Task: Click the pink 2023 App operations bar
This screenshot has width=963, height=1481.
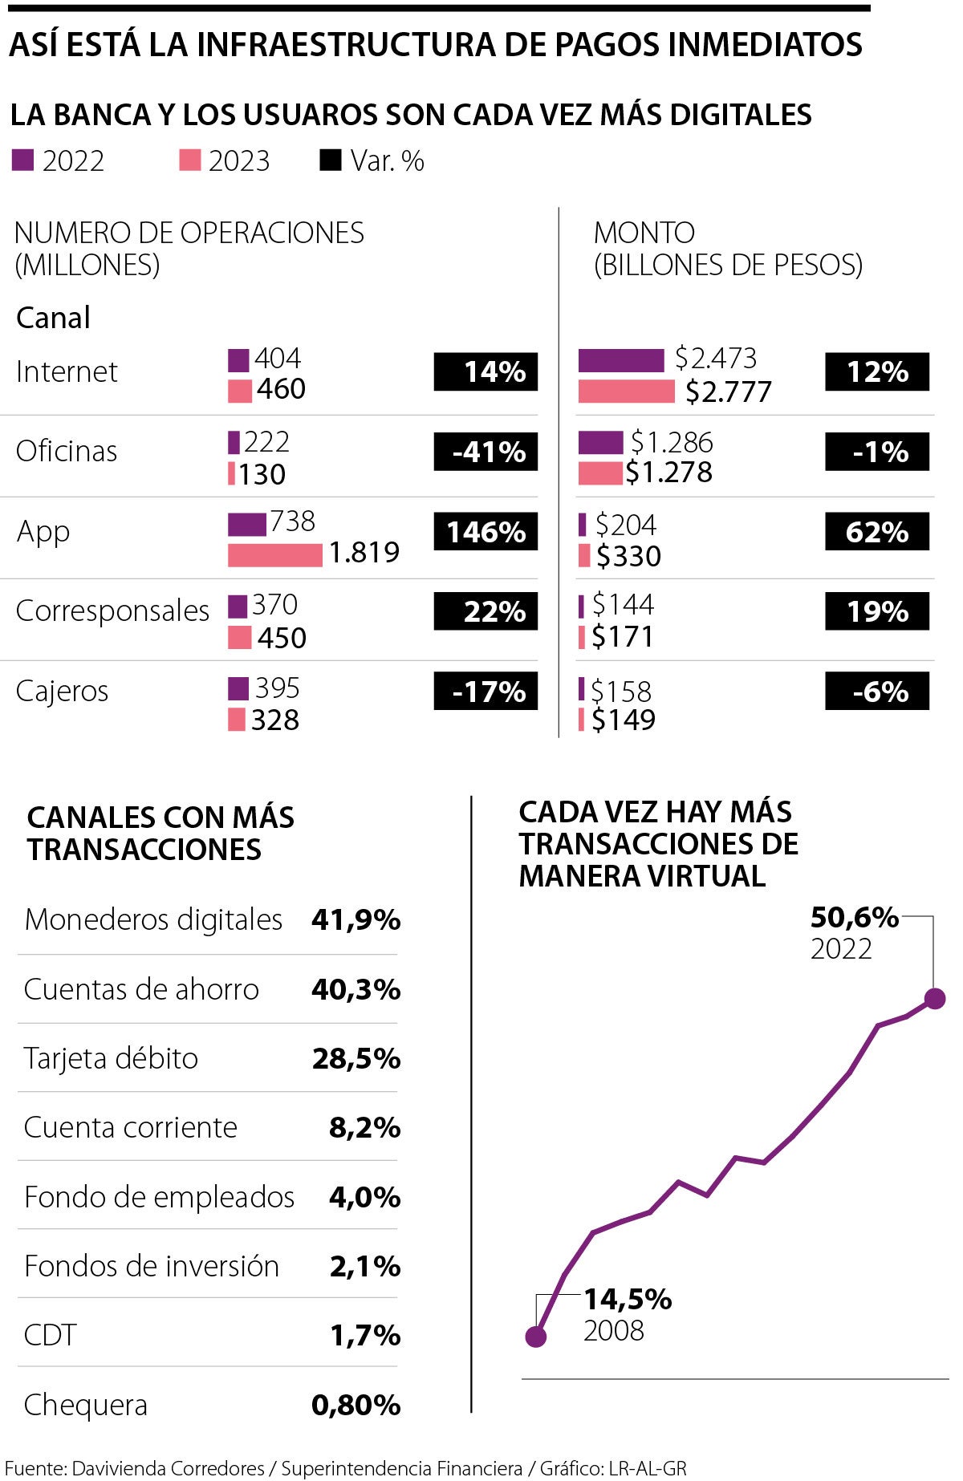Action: (274, 554)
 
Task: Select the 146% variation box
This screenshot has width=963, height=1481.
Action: (486, 532)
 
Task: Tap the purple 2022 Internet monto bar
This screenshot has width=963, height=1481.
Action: (621, 360)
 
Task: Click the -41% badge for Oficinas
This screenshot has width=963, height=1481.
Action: (486, 452)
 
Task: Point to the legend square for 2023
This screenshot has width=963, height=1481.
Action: (189, 160)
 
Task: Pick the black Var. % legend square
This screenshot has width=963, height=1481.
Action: (330, 160)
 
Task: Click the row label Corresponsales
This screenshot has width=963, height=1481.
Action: (112, 611)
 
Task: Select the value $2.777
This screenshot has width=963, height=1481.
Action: (728, 392)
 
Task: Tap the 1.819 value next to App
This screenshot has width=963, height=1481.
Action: (364, 553)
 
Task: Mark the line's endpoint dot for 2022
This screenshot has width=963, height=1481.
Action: (934, 998)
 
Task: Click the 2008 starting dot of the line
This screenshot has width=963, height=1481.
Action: (536, 1337)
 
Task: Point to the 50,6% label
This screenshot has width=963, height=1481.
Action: (854, 917)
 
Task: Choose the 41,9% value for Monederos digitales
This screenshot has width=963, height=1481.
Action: (356, 919)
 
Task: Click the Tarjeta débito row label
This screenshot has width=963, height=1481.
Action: (111, 1058)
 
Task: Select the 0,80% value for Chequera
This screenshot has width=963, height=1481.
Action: (356, 1405)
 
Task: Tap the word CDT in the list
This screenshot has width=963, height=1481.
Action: (51, 1335)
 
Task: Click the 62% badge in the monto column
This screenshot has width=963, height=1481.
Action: (876, 532)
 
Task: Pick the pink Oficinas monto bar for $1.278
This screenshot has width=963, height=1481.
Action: (599, 473)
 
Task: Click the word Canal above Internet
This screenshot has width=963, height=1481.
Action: (53, 318)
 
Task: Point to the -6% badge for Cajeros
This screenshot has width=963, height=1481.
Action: (876, 692)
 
